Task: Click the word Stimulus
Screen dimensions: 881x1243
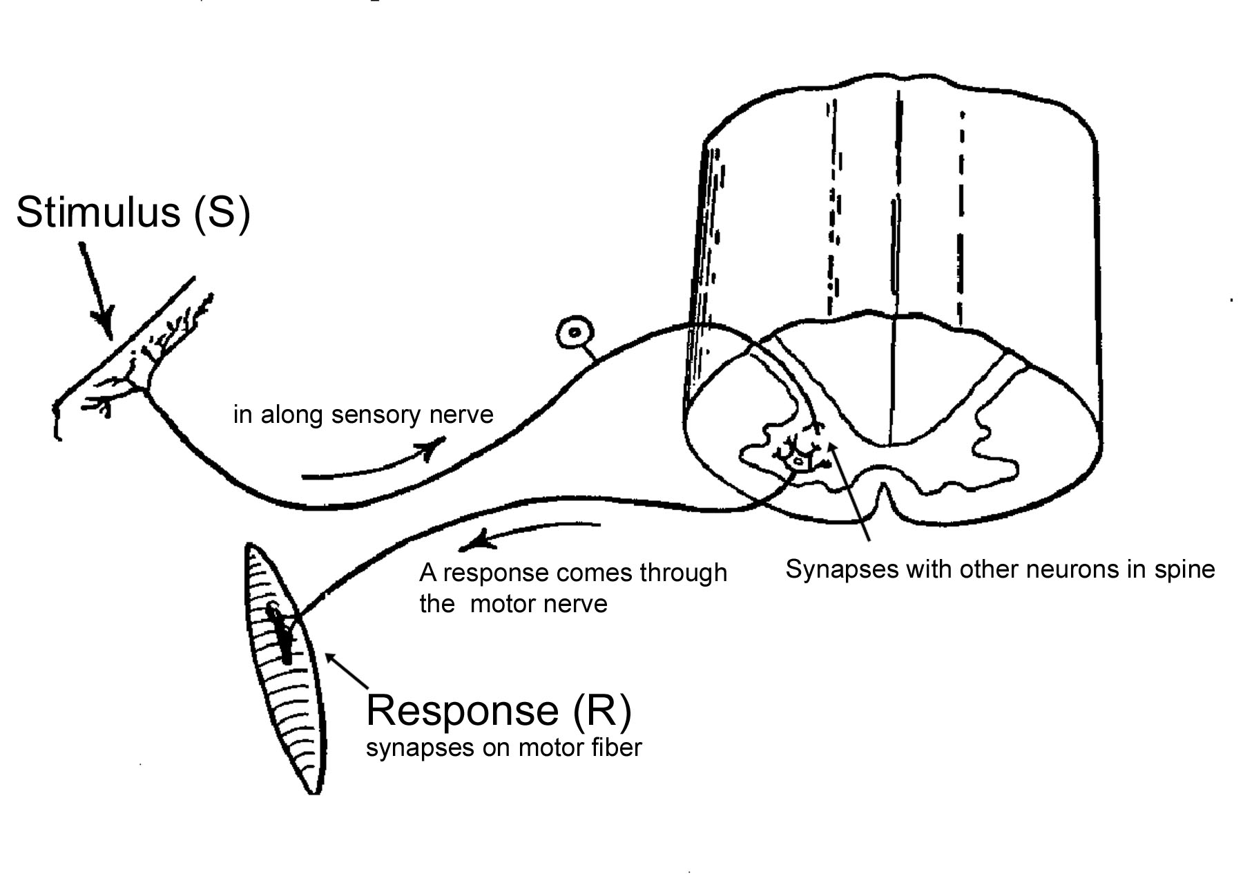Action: (97, 211)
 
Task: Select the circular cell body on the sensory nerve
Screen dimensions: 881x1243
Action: (575, 334)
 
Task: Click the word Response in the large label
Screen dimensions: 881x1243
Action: (462, 710)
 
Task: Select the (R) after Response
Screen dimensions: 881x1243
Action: (602, 710)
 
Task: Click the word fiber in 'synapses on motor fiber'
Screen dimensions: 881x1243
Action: (617, 748)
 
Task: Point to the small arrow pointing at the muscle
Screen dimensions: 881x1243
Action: (347, 671)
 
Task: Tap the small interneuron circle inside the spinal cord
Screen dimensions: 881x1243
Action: (800, 459)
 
